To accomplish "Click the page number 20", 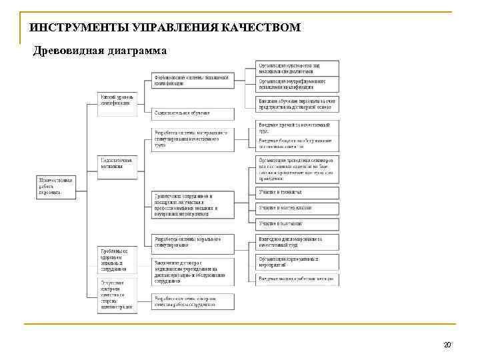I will pyautogui.click(x=447, y=345).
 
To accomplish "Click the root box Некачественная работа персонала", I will pyautogui.click(x=57, y=185).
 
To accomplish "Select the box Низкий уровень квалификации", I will pyautogui.click(x=117, y=100).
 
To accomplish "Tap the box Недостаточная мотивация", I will pyautogui.click(x=117, y=163).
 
